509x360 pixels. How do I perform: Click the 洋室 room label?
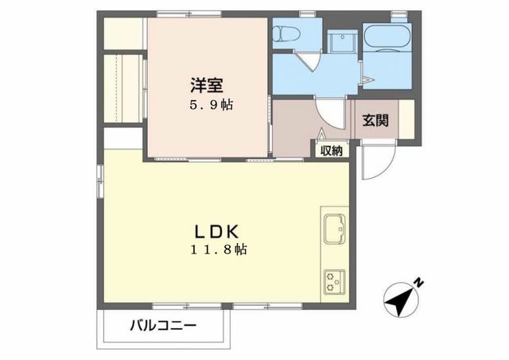click(204, 83)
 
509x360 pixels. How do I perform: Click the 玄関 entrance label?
click(375, 121)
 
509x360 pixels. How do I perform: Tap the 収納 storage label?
click(332, 150)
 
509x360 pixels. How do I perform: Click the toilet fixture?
click(283, 33)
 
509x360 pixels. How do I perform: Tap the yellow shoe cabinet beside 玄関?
click(406, 119)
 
